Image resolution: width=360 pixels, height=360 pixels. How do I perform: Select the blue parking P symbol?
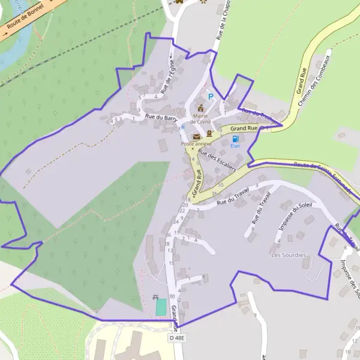coord(210,97)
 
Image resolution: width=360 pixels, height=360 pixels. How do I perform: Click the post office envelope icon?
coord(196,137)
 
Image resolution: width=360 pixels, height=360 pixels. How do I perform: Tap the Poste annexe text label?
coord(196,144)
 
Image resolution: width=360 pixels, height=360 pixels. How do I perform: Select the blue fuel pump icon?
coord(235,139)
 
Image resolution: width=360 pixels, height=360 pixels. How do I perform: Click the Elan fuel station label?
coord(235,146)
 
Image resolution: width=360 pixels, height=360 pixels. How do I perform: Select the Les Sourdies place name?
coord(289,255)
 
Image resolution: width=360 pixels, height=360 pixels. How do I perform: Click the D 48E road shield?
coord(177,338)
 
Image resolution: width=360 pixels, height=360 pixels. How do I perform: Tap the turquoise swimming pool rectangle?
coord(160,307)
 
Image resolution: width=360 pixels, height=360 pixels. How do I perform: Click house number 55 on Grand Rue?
coord(221,185)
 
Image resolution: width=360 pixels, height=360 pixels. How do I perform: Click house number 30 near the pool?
coord(172,296)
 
